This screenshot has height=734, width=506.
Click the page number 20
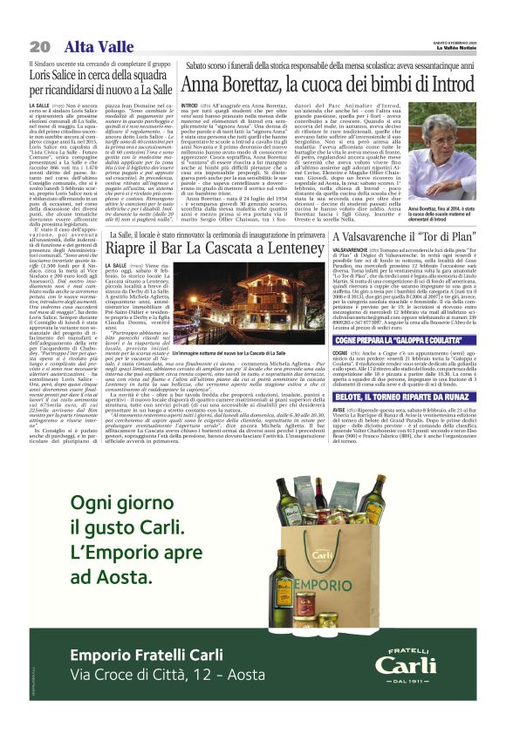pos(38,46)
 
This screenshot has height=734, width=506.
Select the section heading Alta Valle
pos(92,46)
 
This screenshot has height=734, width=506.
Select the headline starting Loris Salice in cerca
pos(101,85)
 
